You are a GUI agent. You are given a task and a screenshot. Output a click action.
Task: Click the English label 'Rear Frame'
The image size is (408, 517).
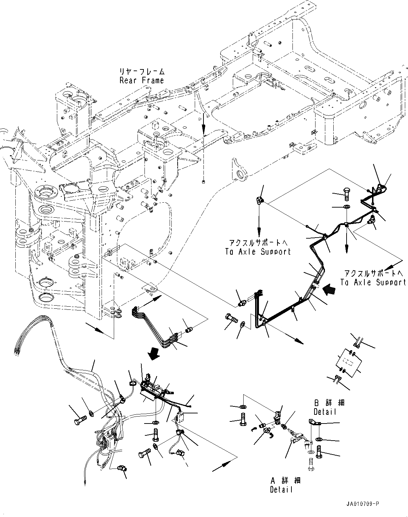(x=141, y=81)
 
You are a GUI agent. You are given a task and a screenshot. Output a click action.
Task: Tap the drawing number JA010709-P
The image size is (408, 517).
(x=363, y=504)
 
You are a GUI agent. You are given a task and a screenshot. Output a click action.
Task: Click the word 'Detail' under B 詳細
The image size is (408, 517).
(x=325, y=412)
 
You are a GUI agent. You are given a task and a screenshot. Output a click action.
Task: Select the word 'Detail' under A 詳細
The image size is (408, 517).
(x=281, y=489)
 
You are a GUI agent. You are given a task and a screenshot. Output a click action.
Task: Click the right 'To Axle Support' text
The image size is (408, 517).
(x=373, y=282)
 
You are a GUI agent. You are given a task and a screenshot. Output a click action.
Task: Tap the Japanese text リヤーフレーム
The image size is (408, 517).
(x=142, y=72)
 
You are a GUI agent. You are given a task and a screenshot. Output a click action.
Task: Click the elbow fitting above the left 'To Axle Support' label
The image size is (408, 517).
(x=260, y=200)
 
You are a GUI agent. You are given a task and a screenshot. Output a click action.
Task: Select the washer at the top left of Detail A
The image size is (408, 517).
(x=242, y=407)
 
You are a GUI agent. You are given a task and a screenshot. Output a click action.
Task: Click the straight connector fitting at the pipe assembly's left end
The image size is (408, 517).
(x=240, y=304)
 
